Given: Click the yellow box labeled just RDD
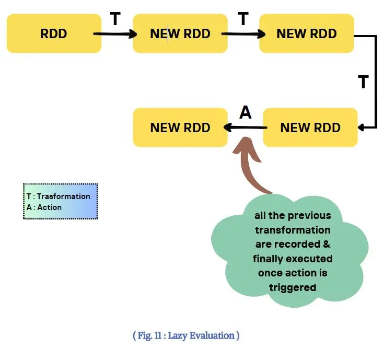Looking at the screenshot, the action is point(54,33).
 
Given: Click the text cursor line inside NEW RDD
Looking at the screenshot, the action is point(168,33).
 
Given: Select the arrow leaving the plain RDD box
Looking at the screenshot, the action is point(115,34).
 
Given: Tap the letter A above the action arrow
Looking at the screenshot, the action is point(246,112).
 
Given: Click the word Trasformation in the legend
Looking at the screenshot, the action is point(63,196).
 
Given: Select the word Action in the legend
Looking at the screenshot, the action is point(50,207).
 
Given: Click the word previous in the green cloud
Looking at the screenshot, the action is point(309,216).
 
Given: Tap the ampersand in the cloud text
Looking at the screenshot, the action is point(327,244).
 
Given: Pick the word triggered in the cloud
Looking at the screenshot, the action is point(293,287).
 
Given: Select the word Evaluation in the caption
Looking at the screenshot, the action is point(212,335).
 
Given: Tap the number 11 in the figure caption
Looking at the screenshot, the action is point(158,335).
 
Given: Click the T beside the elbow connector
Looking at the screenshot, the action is point(363,82).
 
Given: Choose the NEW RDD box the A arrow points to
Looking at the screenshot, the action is point(180,127).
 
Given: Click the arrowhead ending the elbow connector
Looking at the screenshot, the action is point(360,127).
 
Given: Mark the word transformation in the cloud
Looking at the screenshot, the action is point(293,230).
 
